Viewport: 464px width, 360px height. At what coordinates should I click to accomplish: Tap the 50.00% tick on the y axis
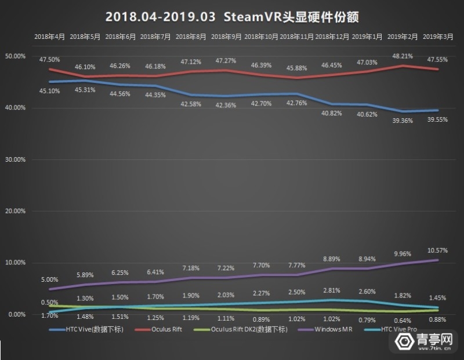point(14,56)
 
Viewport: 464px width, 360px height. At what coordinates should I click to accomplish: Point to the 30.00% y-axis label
point(14,159)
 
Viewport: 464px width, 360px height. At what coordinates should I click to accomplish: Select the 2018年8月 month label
point(190,36)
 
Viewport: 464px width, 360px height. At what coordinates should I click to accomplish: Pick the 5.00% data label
point(49,279)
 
